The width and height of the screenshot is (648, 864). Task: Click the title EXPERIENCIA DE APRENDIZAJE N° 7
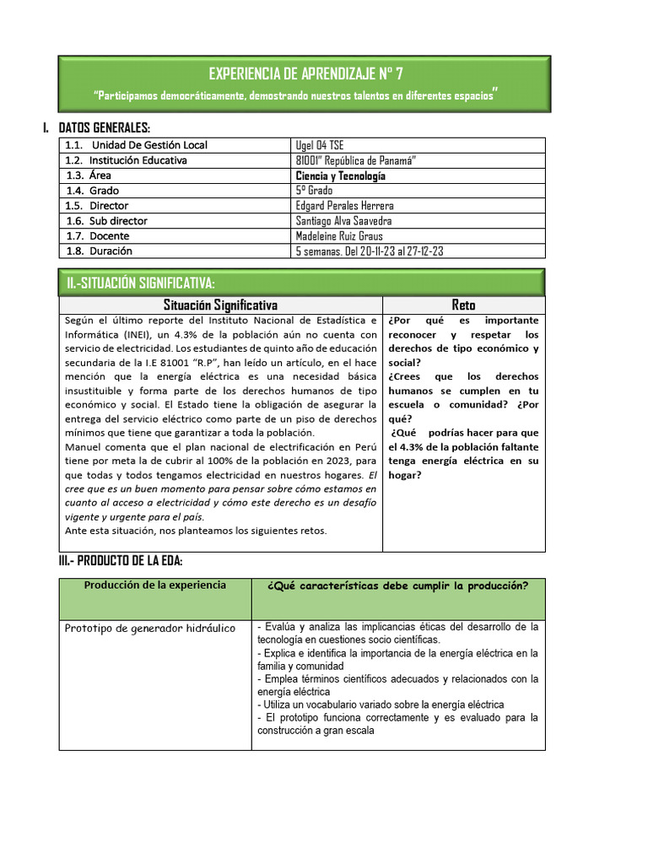tap(304, 73)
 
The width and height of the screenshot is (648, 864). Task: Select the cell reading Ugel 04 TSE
tap(320, 145)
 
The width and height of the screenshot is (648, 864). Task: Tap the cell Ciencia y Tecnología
tap(340, 175)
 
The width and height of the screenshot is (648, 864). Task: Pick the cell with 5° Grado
tap(314, 191)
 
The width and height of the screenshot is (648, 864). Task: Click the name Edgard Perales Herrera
tap(344, 206)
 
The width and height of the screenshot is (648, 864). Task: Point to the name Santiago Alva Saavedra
tap(344, 221)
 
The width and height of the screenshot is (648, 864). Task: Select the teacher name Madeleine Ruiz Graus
tap(339, 236)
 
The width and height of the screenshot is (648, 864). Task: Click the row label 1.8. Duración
tap(99, 251)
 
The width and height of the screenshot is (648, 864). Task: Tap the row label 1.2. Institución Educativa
tap(127, 160)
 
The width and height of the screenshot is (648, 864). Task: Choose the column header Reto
tap(463, 305)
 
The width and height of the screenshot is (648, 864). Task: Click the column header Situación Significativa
tap(220, 305)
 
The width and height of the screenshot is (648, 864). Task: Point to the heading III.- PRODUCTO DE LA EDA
tap(121, 561)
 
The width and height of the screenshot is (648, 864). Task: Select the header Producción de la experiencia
tap(154, 586)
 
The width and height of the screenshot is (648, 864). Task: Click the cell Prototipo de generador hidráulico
tap(150, 629)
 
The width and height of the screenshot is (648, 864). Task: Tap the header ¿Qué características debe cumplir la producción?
tap(397, 586)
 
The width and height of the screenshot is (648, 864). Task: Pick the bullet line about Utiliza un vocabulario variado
tap(383, 705)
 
